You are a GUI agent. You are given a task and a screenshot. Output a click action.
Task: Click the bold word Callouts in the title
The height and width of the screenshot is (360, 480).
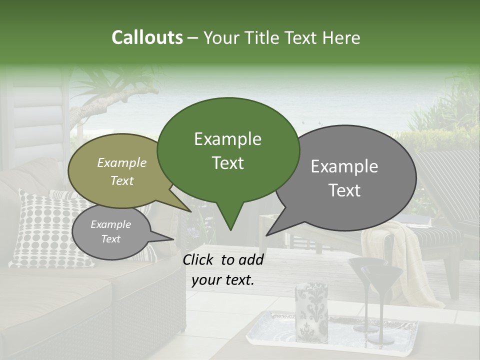147,37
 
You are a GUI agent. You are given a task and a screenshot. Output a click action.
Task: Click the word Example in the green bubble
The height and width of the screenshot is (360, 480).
227,139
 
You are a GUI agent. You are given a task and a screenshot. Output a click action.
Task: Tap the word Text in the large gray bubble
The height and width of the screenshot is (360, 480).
345,190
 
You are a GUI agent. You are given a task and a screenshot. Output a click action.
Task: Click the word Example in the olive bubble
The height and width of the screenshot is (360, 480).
122,162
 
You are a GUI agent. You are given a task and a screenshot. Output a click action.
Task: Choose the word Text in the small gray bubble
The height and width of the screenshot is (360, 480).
110,239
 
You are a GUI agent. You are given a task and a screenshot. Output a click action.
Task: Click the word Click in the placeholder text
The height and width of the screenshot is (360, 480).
199,259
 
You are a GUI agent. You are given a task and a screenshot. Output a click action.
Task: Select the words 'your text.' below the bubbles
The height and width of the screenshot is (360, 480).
222,280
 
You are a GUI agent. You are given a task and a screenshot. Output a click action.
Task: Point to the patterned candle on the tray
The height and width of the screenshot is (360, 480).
311,310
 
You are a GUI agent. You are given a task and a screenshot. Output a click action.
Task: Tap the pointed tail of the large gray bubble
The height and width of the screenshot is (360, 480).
268,234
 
